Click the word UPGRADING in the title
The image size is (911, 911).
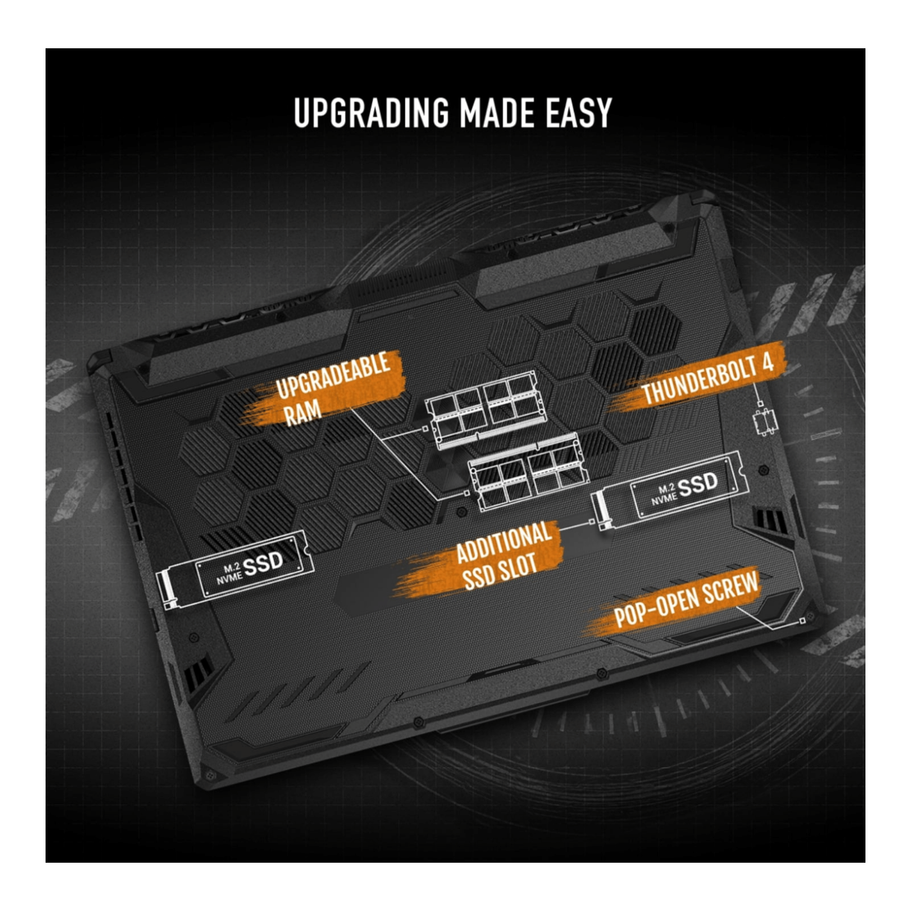pyautogui.click(x=371, y=113)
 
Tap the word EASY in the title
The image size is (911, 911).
pyautogui.click(x=578, y=113)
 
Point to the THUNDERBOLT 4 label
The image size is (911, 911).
pyautogui.click(x=707, y=379)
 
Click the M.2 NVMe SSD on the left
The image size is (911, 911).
pyautogui.click(x=236, y=568)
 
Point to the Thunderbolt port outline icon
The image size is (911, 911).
pyautogui.click(x=763, y=423)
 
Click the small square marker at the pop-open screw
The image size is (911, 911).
pyautogui.click(x=803, y=621)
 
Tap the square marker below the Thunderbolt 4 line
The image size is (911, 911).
pyautogui.click(x=760, y=404)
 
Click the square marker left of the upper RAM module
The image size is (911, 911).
pyautogui.click(x=425, y=429)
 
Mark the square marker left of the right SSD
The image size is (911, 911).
pyautogui.click(x=592, y=522)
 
